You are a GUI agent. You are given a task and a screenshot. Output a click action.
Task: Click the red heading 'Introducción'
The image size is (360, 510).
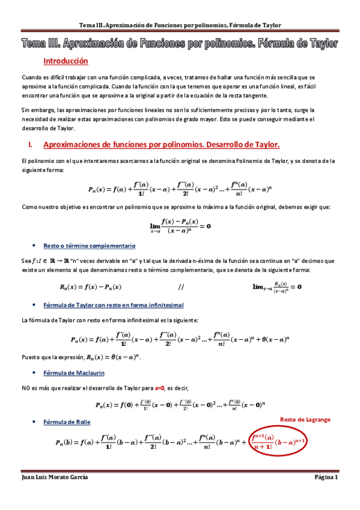pos(66,61)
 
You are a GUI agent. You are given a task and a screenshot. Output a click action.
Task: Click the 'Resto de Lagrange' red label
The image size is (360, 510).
pos(305,419)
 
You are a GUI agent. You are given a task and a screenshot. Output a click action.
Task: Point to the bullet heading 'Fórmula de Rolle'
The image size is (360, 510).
pos(67,422)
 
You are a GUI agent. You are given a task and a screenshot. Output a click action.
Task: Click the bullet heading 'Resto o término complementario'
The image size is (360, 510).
pos(90,245)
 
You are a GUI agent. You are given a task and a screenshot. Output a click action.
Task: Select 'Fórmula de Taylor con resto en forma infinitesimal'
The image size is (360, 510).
pos(114,305)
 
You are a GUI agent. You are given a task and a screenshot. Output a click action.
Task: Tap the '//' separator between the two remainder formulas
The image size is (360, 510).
pos(182,287)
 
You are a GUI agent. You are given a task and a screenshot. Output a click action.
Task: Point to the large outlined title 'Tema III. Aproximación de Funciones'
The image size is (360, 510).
pos(180,44)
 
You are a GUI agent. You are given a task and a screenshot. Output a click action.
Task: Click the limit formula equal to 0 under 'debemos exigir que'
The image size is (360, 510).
pos(180,226)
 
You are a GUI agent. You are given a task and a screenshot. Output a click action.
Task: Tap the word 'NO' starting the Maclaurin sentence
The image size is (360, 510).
pos(26,389)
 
